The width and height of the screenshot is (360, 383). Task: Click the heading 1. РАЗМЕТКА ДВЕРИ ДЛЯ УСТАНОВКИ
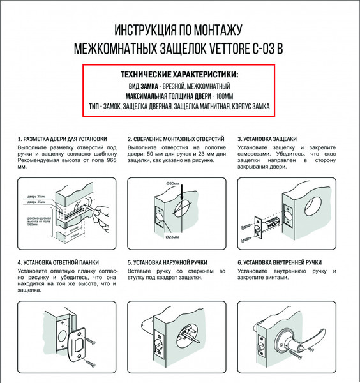(62, 139)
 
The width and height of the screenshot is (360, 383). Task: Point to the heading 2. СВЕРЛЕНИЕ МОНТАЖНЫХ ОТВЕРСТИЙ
(175, 139)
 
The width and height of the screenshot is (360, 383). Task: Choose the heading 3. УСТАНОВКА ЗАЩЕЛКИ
(267, 139)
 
